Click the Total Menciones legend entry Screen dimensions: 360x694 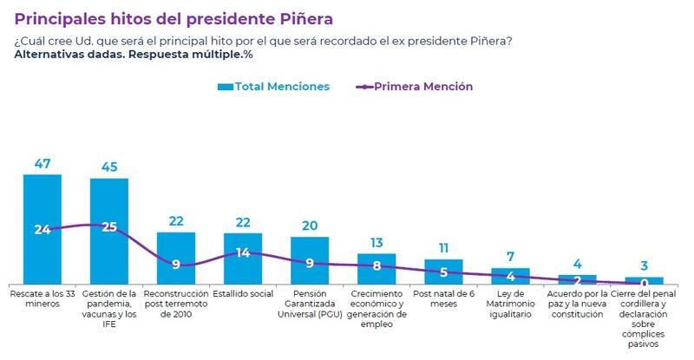[x=273, y=87]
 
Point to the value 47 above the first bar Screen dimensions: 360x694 [x=42, y=163]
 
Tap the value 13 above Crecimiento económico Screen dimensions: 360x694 [x=376, y=243]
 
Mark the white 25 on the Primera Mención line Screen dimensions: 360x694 [x=110, y=227]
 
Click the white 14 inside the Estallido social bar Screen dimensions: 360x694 [x=243, y=253]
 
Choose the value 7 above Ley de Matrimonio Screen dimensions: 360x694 [x=510, y=257]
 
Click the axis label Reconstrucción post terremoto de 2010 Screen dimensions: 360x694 [x=176, y=304]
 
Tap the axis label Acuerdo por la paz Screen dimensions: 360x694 [x=577, y=304]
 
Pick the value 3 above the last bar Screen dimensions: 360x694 [x=644, y=266]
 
